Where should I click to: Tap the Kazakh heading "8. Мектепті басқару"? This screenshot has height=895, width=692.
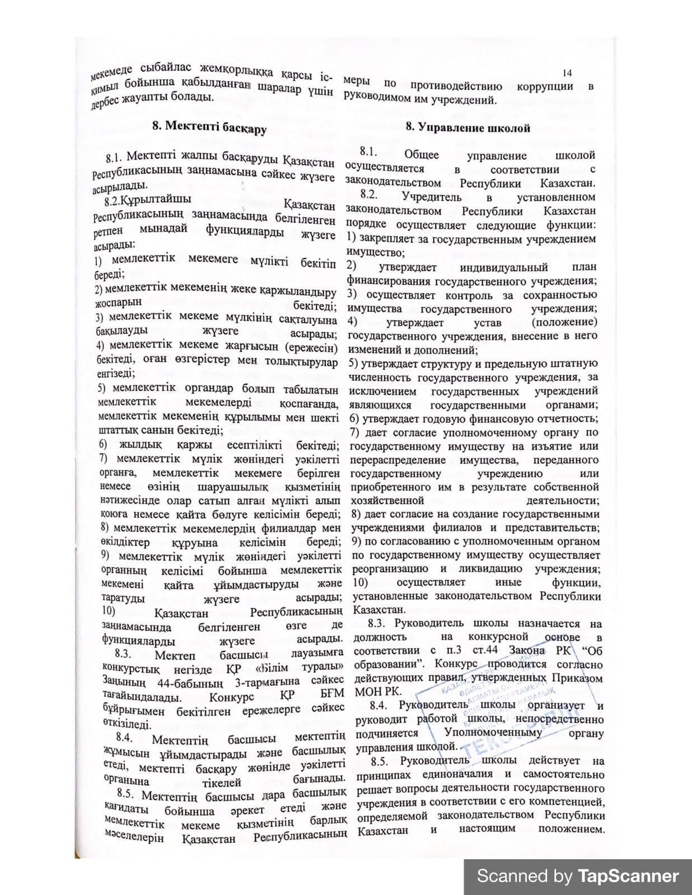209,127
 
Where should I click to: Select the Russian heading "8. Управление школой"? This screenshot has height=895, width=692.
467,128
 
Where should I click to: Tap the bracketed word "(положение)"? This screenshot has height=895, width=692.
564,322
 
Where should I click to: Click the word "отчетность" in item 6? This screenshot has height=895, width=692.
568,418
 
